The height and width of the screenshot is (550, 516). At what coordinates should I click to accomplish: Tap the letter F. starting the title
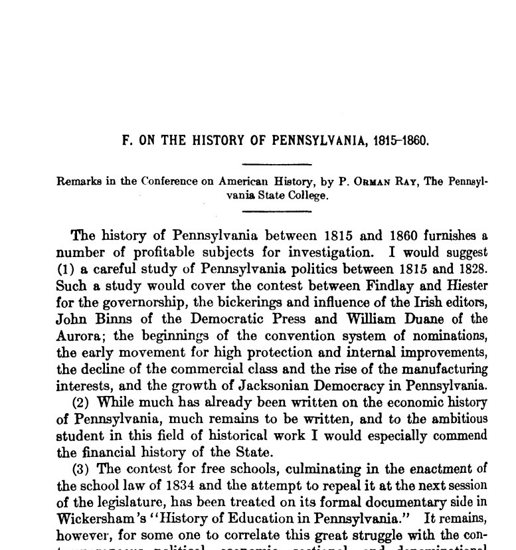[126, 141]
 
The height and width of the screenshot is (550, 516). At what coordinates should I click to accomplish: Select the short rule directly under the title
[277, 163]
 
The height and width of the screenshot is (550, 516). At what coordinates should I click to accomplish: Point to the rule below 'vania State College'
[277, 211]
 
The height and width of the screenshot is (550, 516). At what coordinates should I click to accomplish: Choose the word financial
[110, 452]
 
